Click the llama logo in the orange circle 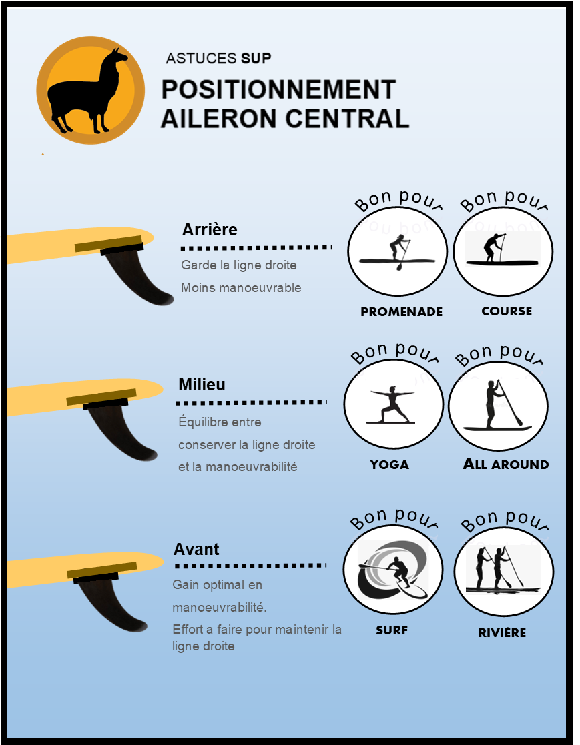90,90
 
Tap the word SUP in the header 256,59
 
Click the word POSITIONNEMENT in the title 278,89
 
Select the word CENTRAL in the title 348,118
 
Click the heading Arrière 210,229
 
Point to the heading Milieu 202,384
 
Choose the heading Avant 196,550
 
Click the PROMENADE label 401,311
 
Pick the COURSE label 507,311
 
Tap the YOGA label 389,464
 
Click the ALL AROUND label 506,464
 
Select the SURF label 392,630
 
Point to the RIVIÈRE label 502,632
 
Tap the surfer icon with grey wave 392,570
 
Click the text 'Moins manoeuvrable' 241,288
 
